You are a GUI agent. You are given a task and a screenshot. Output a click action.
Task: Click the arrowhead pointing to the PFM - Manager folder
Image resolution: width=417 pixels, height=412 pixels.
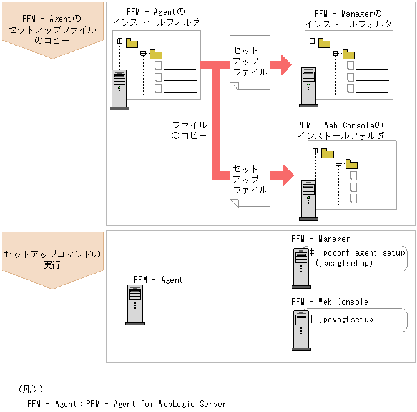(x=286, y=65)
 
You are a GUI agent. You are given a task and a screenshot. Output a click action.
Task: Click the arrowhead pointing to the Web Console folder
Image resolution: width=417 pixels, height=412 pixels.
(x=288, y=175)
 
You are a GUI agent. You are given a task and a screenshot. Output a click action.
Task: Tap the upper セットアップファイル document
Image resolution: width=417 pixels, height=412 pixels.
(x=250, y=62)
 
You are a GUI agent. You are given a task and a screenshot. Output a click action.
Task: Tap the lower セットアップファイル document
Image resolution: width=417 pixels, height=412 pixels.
(x=250, y=180)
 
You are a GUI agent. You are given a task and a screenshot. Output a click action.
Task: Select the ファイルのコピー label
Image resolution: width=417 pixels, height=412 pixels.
(x=189, y=130)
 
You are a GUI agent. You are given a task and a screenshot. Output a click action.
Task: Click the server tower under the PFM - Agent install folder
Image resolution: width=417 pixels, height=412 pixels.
(x=119, y=90)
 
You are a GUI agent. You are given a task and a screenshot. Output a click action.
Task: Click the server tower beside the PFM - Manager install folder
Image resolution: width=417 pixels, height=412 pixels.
(x=308, y=87)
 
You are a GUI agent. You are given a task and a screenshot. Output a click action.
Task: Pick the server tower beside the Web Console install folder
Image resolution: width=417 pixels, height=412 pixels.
(x=308, y=200)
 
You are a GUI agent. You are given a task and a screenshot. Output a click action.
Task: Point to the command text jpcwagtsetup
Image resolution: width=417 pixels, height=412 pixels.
(x=346, y=319)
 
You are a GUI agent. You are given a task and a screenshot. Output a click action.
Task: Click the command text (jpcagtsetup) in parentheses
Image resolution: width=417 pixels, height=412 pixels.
(x=344, y=263)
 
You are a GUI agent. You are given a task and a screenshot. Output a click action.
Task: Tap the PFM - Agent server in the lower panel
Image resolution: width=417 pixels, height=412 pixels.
(x=135, y=305)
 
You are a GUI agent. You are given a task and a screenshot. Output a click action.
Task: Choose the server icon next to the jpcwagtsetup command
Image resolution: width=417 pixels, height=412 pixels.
(x=301, y=330)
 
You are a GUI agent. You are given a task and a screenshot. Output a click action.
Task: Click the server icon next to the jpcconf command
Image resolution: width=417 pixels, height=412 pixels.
(x=301, y=268)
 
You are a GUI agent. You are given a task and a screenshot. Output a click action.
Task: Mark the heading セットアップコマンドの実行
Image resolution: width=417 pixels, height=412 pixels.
(x=52, y=259)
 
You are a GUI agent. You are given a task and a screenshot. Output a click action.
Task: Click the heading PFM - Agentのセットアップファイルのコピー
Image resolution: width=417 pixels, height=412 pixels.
(x=52, y=29)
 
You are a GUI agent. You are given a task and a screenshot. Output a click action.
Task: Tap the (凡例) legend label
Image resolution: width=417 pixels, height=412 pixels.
(x=31, y=389)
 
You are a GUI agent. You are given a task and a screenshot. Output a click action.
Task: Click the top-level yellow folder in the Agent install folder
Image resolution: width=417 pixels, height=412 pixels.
(x=132, y=43)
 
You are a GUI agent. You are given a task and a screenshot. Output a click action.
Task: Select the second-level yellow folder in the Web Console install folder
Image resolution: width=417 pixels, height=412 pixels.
(x=351, y=164)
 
